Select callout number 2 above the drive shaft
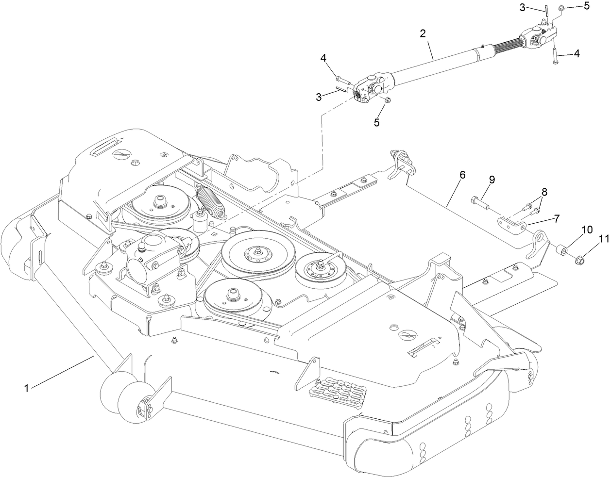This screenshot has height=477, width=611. (x=423, y=33)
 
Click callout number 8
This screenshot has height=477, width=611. (x=544, y=192)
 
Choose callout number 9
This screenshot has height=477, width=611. (x=492, y=180)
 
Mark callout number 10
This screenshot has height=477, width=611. (x=587, y=230)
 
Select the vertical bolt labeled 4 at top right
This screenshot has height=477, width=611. (x=554, y=52)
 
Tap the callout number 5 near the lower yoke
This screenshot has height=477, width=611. (x=376, y=122)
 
